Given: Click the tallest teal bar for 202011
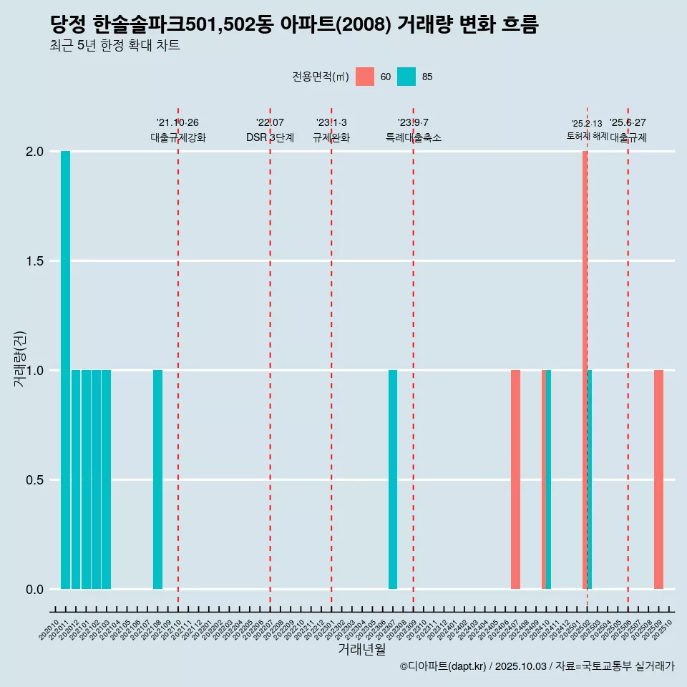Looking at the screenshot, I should click(65, 370).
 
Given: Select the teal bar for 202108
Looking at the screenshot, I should click(157, 479).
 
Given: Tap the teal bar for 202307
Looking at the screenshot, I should click(393, 479).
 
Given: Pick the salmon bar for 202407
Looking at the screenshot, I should click(515, 479).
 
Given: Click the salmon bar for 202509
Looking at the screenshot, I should click(658, 479).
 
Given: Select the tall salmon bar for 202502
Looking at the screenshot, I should click(585, 370).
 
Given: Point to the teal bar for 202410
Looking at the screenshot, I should click(549, 479).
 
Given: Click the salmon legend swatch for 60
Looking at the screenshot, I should click(365, 77).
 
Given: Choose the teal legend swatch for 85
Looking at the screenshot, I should click(406, 77).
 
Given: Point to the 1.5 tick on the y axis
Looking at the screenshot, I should click(35, 261).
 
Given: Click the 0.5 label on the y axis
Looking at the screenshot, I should click(35, 480).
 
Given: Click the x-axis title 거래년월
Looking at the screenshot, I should click(361, 650).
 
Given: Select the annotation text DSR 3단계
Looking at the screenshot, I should click(270, 137).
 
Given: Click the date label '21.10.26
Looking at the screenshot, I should click(177, 122).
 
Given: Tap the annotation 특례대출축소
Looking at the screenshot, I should click(413, 137).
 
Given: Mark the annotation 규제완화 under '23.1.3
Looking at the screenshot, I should click(331, 137).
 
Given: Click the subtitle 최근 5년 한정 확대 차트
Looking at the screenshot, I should click(114, 46).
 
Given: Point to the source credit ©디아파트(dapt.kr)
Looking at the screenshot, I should click(443, 666).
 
